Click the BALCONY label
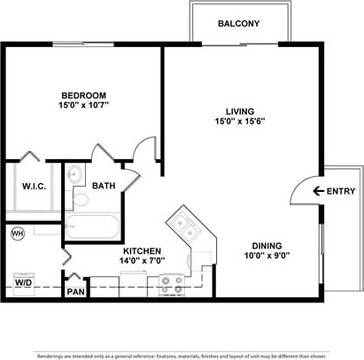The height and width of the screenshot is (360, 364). pos(239,24)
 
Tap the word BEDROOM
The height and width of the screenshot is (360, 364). pos(83,96)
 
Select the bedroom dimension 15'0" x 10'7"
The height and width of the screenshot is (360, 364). pos(83,107)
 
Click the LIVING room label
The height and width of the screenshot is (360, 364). pos(240,111)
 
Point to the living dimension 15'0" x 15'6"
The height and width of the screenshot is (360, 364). pos(240,122)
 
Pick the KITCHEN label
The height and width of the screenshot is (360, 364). pos(142,250)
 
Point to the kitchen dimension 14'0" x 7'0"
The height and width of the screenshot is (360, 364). pos(142,262)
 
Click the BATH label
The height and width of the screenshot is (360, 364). pos(104,187)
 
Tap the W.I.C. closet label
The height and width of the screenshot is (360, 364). pos(34,187)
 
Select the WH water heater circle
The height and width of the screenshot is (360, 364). pos(18,233)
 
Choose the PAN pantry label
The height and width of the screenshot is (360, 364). pos(75,291)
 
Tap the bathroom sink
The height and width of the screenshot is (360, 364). pos(74,174)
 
